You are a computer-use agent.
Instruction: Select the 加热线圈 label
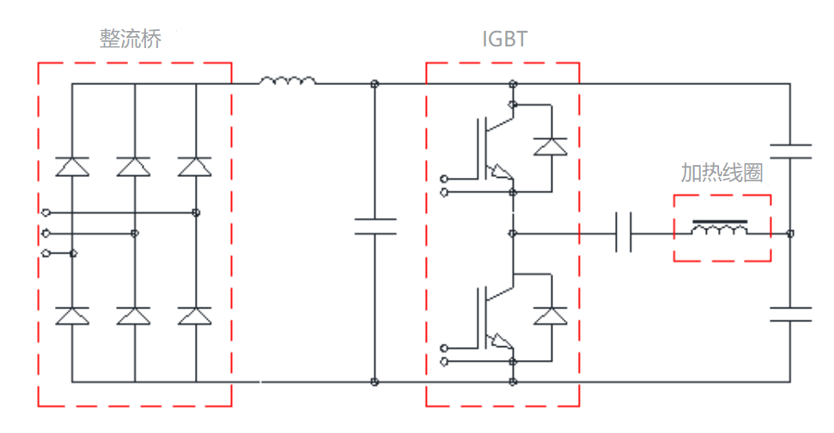(721, 173)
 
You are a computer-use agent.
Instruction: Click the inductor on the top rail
(287, 82)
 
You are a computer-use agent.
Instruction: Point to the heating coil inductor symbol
(720, 230)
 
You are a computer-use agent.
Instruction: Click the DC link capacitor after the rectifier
(375, 227)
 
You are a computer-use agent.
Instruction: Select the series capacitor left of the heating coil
(624, 233)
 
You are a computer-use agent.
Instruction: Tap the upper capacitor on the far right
(789, 152)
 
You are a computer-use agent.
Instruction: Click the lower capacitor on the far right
(789, 314)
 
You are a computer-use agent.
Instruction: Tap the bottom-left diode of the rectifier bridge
(72, 316)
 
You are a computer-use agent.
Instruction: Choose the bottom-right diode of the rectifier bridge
(195, 316)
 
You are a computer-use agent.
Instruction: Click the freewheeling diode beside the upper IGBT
(551, 147)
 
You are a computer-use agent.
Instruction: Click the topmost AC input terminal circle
(45, 211)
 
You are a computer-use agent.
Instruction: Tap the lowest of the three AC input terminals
(45, 253)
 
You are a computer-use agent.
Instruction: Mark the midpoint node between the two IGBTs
(513, 233)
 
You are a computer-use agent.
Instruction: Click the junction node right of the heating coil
(789, 233)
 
